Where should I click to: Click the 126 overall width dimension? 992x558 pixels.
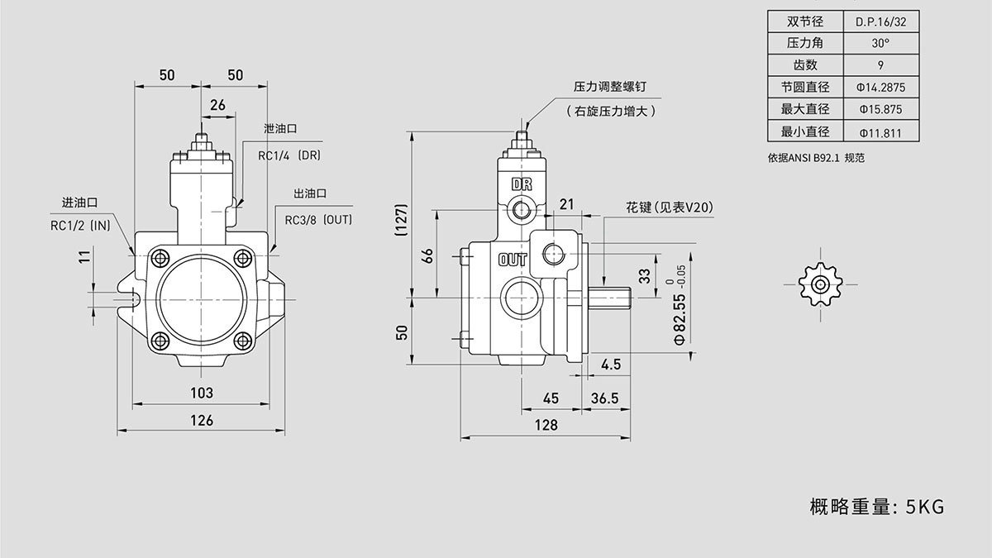pos(202,421)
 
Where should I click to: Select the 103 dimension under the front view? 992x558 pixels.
pos(202,393)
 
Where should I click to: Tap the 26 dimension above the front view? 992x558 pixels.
pos(218,105)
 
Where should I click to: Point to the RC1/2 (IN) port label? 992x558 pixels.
pos(80,224)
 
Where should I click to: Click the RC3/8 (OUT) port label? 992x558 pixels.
pos(318,220)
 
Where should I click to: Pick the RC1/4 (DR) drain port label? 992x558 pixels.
pos(289,155)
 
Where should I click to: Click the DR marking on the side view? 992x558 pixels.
pos(522,184)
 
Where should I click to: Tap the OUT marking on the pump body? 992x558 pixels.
pos(513,260)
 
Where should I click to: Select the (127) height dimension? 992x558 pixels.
pos(401,221)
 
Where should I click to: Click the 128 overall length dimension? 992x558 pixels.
pos(546,425)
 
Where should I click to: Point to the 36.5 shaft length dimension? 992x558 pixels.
pos(605,398)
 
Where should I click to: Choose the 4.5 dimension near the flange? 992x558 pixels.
pos(611,365)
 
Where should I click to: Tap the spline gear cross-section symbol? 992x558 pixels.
pos(819,284)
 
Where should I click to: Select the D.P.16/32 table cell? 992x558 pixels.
pos(880,21)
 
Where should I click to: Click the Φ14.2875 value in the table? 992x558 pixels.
pos(880,87)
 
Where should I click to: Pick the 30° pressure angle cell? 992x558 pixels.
pos(880,43)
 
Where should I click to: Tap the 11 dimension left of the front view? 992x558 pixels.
pos(83,258)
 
